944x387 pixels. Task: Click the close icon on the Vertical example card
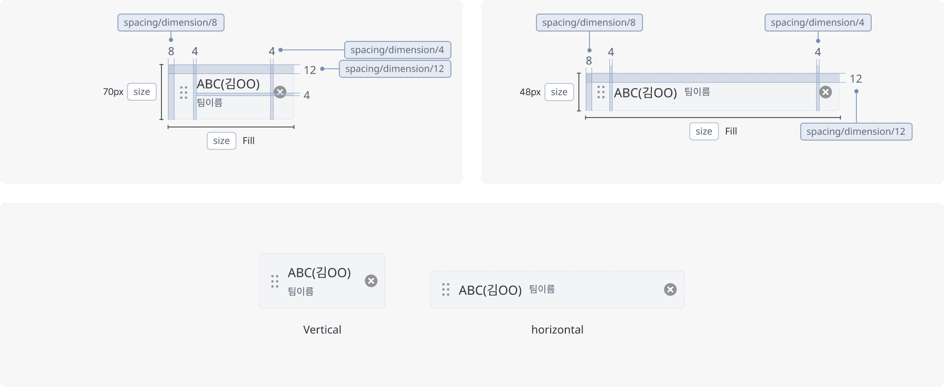pos(371,281)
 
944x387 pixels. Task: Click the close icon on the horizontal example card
pos(670,289)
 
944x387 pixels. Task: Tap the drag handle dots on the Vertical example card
pos(274,281)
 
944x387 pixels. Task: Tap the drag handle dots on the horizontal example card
pos(446,289)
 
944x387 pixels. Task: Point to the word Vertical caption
pos(322,330)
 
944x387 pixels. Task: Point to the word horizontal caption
pos(557,330)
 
